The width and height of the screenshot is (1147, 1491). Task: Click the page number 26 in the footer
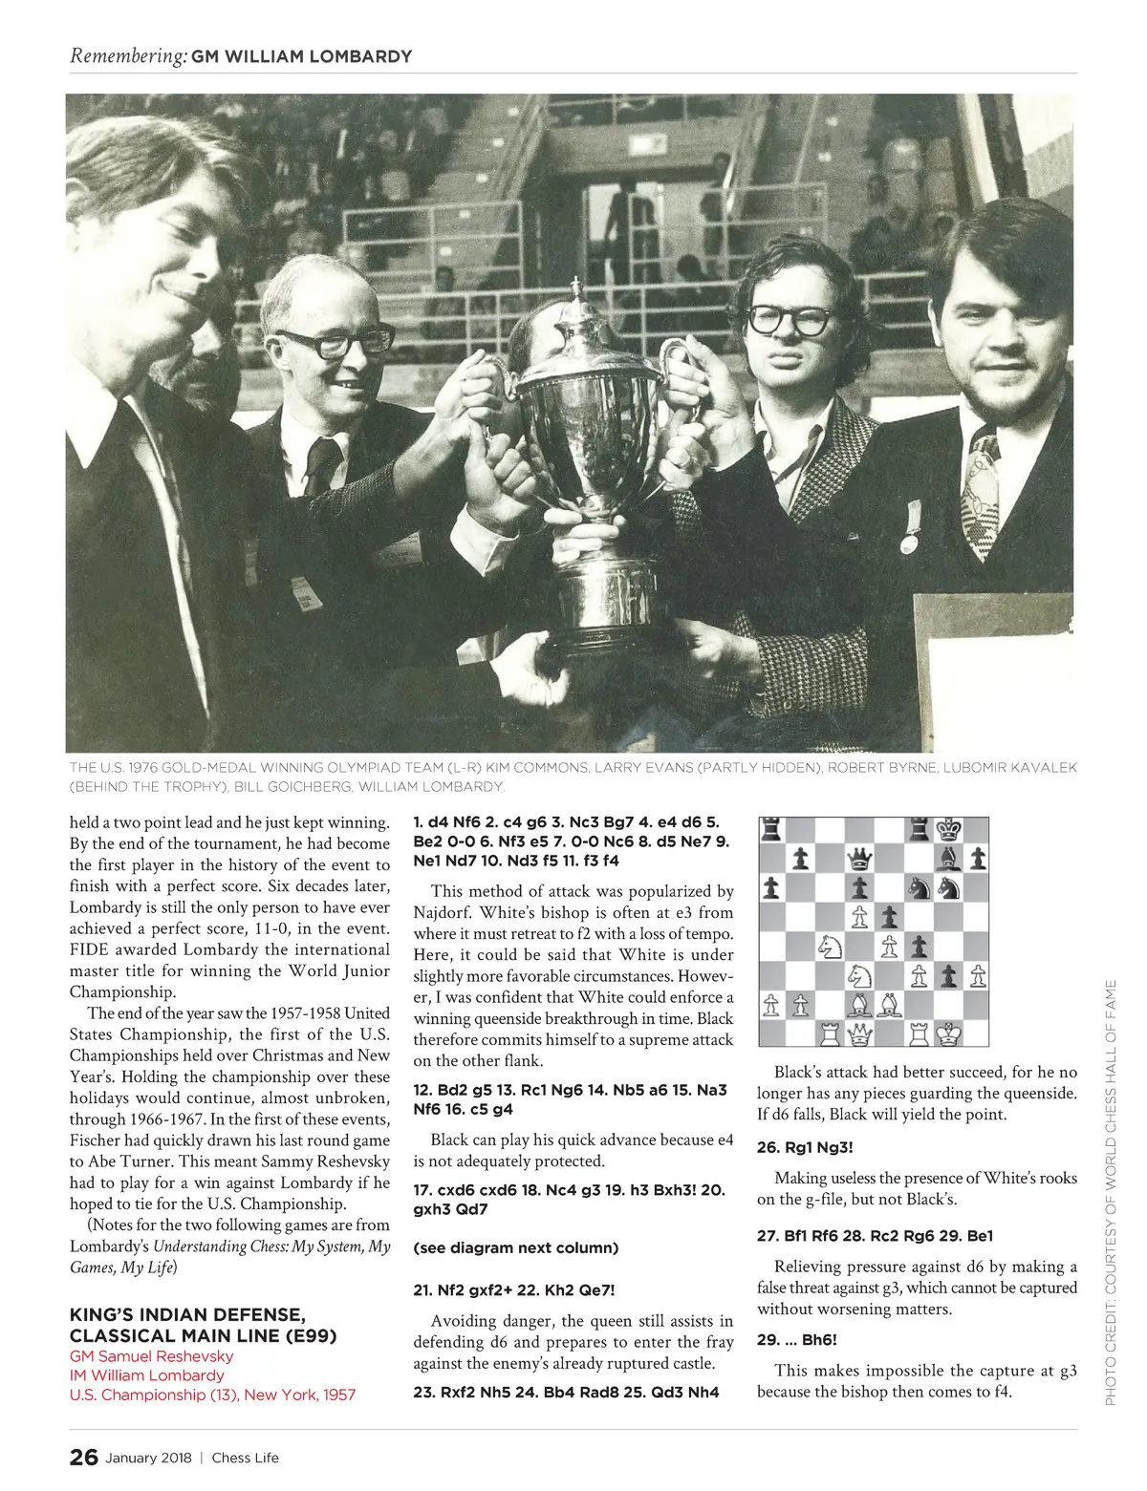click(83, 1458)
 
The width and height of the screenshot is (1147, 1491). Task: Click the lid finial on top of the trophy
click(576, 289)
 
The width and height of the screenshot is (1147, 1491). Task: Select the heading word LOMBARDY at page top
click(364, 56)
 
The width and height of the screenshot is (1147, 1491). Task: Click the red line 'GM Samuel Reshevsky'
click(151, 1356)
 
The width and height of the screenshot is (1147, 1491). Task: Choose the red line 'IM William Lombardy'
click(147, 1375)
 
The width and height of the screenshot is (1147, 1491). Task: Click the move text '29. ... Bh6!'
click(797, 1340)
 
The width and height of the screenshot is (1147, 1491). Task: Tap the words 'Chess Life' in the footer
click(246, 1459)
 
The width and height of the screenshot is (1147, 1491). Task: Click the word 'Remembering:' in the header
click(128, 56)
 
